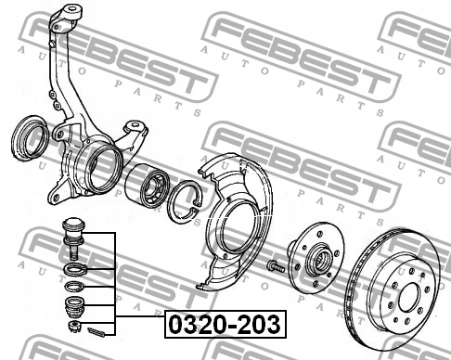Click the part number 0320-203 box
(x=225, y=324)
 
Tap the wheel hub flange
(x=316, y=258)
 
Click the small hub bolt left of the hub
(x=276, y=266)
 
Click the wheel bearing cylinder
(x=148, y=185)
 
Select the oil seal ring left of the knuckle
(x=30, y=138)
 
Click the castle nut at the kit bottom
(x=74, y=326)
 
